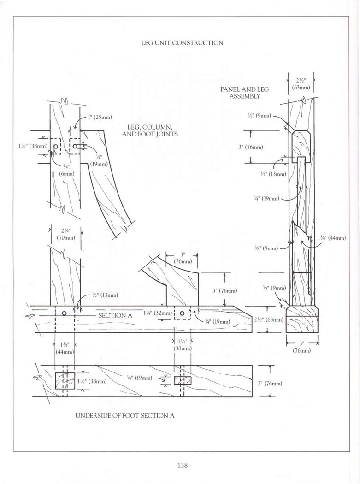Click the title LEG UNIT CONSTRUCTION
(182, 43)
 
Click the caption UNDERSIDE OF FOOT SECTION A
(124, 415)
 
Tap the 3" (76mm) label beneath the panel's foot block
(301, 347)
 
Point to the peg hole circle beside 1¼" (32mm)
(183, 313)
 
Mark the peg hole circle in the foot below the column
(65, 313)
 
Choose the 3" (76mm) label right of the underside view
(270, 383)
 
